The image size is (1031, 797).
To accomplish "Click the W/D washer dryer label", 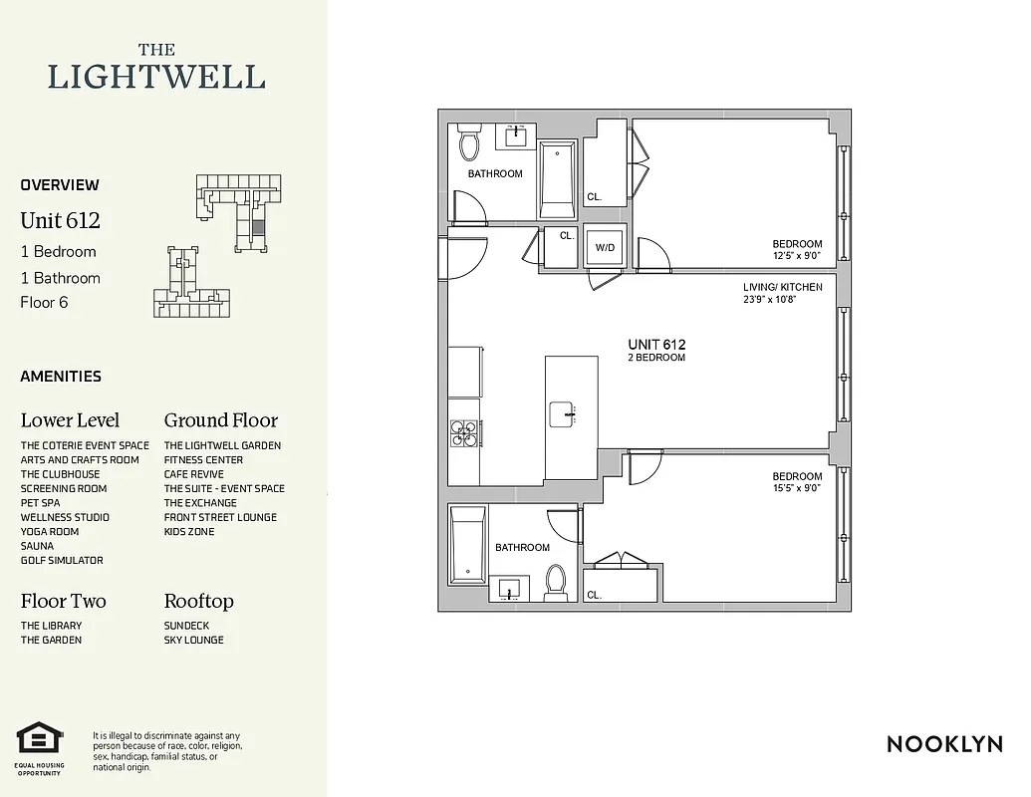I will (x=605, y=247).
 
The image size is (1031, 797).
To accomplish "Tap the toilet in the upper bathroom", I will (x=469, y=145).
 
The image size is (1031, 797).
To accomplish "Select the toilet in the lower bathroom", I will (x=555, y=580).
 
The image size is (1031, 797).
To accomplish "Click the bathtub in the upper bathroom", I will (x=558, y=179).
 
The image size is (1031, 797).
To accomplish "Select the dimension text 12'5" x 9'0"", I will (x=797, y=256).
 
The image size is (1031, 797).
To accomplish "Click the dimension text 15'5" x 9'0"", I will (x=797, y=488).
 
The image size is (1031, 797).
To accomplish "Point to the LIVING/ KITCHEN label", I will (x=783, y=287).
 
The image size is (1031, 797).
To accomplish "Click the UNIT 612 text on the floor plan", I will (x=656, y=345).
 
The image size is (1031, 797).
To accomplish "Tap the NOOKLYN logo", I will (x=944, y=743).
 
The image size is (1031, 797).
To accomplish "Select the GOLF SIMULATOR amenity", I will (x=62, y=560).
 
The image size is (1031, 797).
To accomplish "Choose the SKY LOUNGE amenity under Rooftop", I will (x=194, y=640).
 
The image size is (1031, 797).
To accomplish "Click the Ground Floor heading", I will (x=221, y=420).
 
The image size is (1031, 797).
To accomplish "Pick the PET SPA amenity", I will (x=41, y=503).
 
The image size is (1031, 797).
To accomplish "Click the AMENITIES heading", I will (x=61, y=377).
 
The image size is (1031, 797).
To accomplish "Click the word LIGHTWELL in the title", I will (x=156, y=77).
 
